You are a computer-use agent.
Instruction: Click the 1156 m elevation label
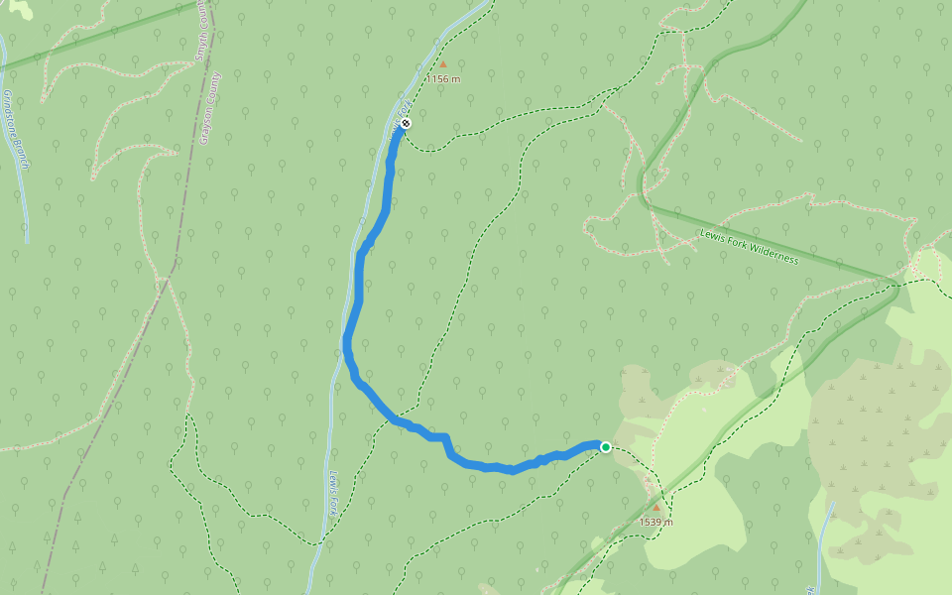(443, 78)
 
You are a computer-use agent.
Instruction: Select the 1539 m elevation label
(655, 522)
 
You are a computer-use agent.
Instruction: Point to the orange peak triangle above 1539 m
(655, 507)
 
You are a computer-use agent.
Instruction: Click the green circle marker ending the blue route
(606, 447)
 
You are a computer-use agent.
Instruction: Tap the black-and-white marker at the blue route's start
(406, 124)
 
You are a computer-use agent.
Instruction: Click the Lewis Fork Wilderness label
(749, 246)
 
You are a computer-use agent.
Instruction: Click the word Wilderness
(773, 253)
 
